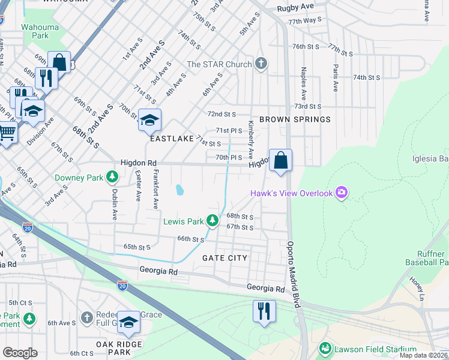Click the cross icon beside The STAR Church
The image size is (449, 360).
pos(261,64)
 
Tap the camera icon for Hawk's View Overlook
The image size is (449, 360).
pos(342,193)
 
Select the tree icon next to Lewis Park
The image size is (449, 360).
pos(212,221)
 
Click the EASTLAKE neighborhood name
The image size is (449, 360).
pos(172,139)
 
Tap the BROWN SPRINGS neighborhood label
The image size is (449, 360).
pos(295,119)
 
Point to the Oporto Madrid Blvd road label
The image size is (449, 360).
pos(292,275)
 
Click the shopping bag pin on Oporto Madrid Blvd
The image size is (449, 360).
pos(280,160)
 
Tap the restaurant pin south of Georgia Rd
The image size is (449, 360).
pos(264,311)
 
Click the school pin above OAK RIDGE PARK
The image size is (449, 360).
pos(128,322)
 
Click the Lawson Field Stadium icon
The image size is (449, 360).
pos(325,348)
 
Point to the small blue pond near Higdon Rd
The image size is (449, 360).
pos(179,191)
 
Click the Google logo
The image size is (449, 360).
pos(20,353)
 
